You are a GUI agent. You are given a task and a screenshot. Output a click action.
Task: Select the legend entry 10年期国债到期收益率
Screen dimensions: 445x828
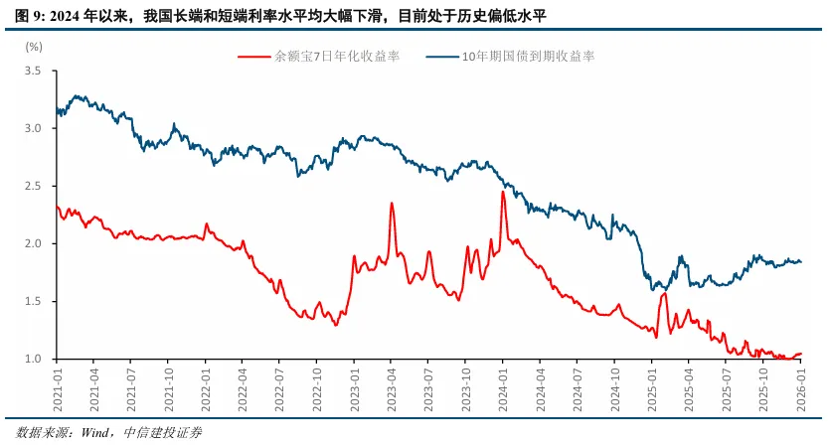[528, 57]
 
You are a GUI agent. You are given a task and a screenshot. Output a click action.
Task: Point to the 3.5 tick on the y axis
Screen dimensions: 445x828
[34, 72]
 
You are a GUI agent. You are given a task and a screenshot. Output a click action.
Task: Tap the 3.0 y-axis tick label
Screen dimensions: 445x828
[34, 129]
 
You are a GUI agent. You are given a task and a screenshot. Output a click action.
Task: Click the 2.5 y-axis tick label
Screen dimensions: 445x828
[34, 187]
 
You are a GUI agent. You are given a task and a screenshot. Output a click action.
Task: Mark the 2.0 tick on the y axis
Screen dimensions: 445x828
[34, 244]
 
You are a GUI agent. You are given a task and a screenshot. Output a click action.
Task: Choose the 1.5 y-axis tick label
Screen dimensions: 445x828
[34, 302]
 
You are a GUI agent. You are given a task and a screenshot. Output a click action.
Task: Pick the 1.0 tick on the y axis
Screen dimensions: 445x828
[34, 360]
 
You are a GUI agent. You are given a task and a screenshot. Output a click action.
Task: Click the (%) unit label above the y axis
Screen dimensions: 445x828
[34, 46]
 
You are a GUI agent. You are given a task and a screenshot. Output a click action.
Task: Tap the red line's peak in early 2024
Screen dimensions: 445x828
[503, 192]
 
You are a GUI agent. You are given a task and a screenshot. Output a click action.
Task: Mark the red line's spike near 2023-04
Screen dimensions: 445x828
[392, 204]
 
